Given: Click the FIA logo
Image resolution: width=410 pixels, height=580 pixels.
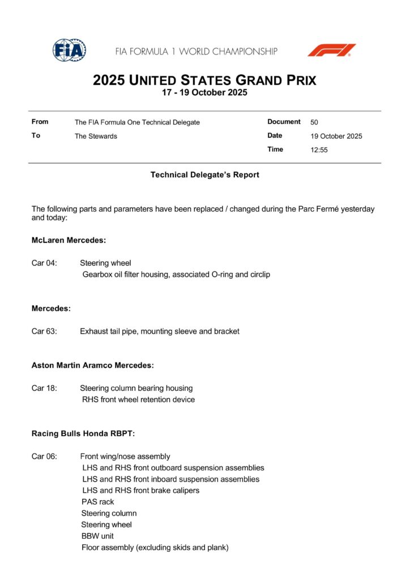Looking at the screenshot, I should (x=69, y=50).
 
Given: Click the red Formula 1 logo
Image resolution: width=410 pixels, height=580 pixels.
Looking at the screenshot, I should (x=331, y=50).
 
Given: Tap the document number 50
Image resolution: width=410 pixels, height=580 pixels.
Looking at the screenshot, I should (x=314, y=122).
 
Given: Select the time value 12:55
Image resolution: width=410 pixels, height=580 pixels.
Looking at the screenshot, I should (x=319, y=150).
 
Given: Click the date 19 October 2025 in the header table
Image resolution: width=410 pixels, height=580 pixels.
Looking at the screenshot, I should (x=336, y=137).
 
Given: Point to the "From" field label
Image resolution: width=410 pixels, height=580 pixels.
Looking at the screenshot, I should (x=40, y=122).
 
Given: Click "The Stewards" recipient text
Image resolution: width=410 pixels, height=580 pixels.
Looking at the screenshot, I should (x=96, y=137).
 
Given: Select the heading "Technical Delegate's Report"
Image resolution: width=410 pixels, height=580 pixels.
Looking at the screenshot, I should (x=204, y=175).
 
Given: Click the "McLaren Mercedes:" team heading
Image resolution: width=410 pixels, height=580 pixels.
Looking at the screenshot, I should (x=69, y=240).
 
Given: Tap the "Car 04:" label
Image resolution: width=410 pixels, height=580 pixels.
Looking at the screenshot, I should (x=44, y=263).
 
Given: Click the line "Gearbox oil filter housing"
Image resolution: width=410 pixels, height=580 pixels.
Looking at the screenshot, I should (x=176, y=275).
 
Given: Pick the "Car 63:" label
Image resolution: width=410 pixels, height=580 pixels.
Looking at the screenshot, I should (x=44, y=331).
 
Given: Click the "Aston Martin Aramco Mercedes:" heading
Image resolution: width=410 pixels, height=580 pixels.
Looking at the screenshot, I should (x=92, y=365).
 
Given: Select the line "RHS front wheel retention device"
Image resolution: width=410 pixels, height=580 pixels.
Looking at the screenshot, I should (x=138, y=400).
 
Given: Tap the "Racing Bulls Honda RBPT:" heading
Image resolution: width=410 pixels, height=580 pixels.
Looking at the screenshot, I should (x=83, y=434).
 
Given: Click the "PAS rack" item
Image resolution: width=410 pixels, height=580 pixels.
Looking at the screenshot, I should (x=97, y=502).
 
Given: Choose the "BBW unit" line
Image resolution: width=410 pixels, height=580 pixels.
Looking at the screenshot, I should (x=97, y=536).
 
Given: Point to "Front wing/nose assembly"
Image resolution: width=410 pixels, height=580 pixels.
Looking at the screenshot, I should (x=125, y=457).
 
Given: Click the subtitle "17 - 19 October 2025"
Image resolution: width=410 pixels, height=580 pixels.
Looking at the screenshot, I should (x=204, y=93).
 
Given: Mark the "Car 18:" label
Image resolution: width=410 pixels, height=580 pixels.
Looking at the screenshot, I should (x=44, y=388).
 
